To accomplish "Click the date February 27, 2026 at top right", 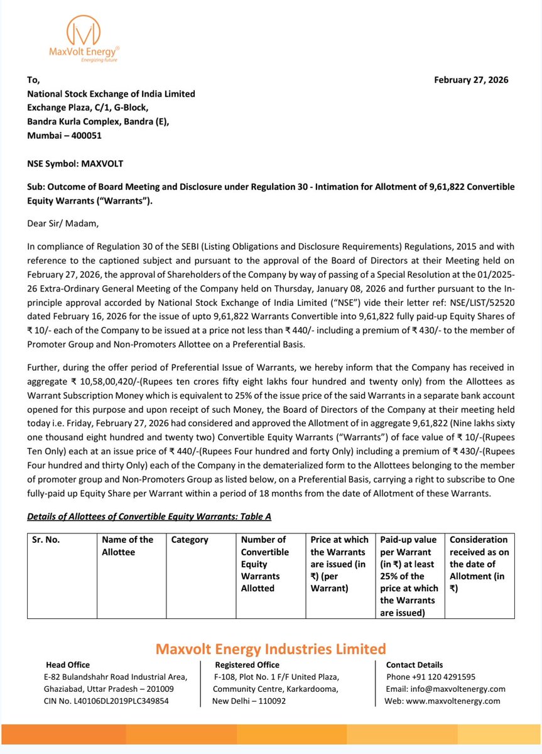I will coord(471,80).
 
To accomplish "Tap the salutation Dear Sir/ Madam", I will coord(63,222).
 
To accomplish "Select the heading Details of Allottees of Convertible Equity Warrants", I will coord(149,516).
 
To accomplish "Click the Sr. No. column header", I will coord(46,540).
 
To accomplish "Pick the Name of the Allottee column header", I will coord(127,545).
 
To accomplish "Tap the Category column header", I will coord(190,540).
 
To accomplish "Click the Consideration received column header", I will coord(479,564).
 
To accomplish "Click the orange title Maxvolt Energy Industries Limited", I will coord(271,648).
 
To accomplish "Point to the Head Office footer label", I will coord(68,665).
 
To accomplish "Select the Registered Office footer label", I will coord(247,665).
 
